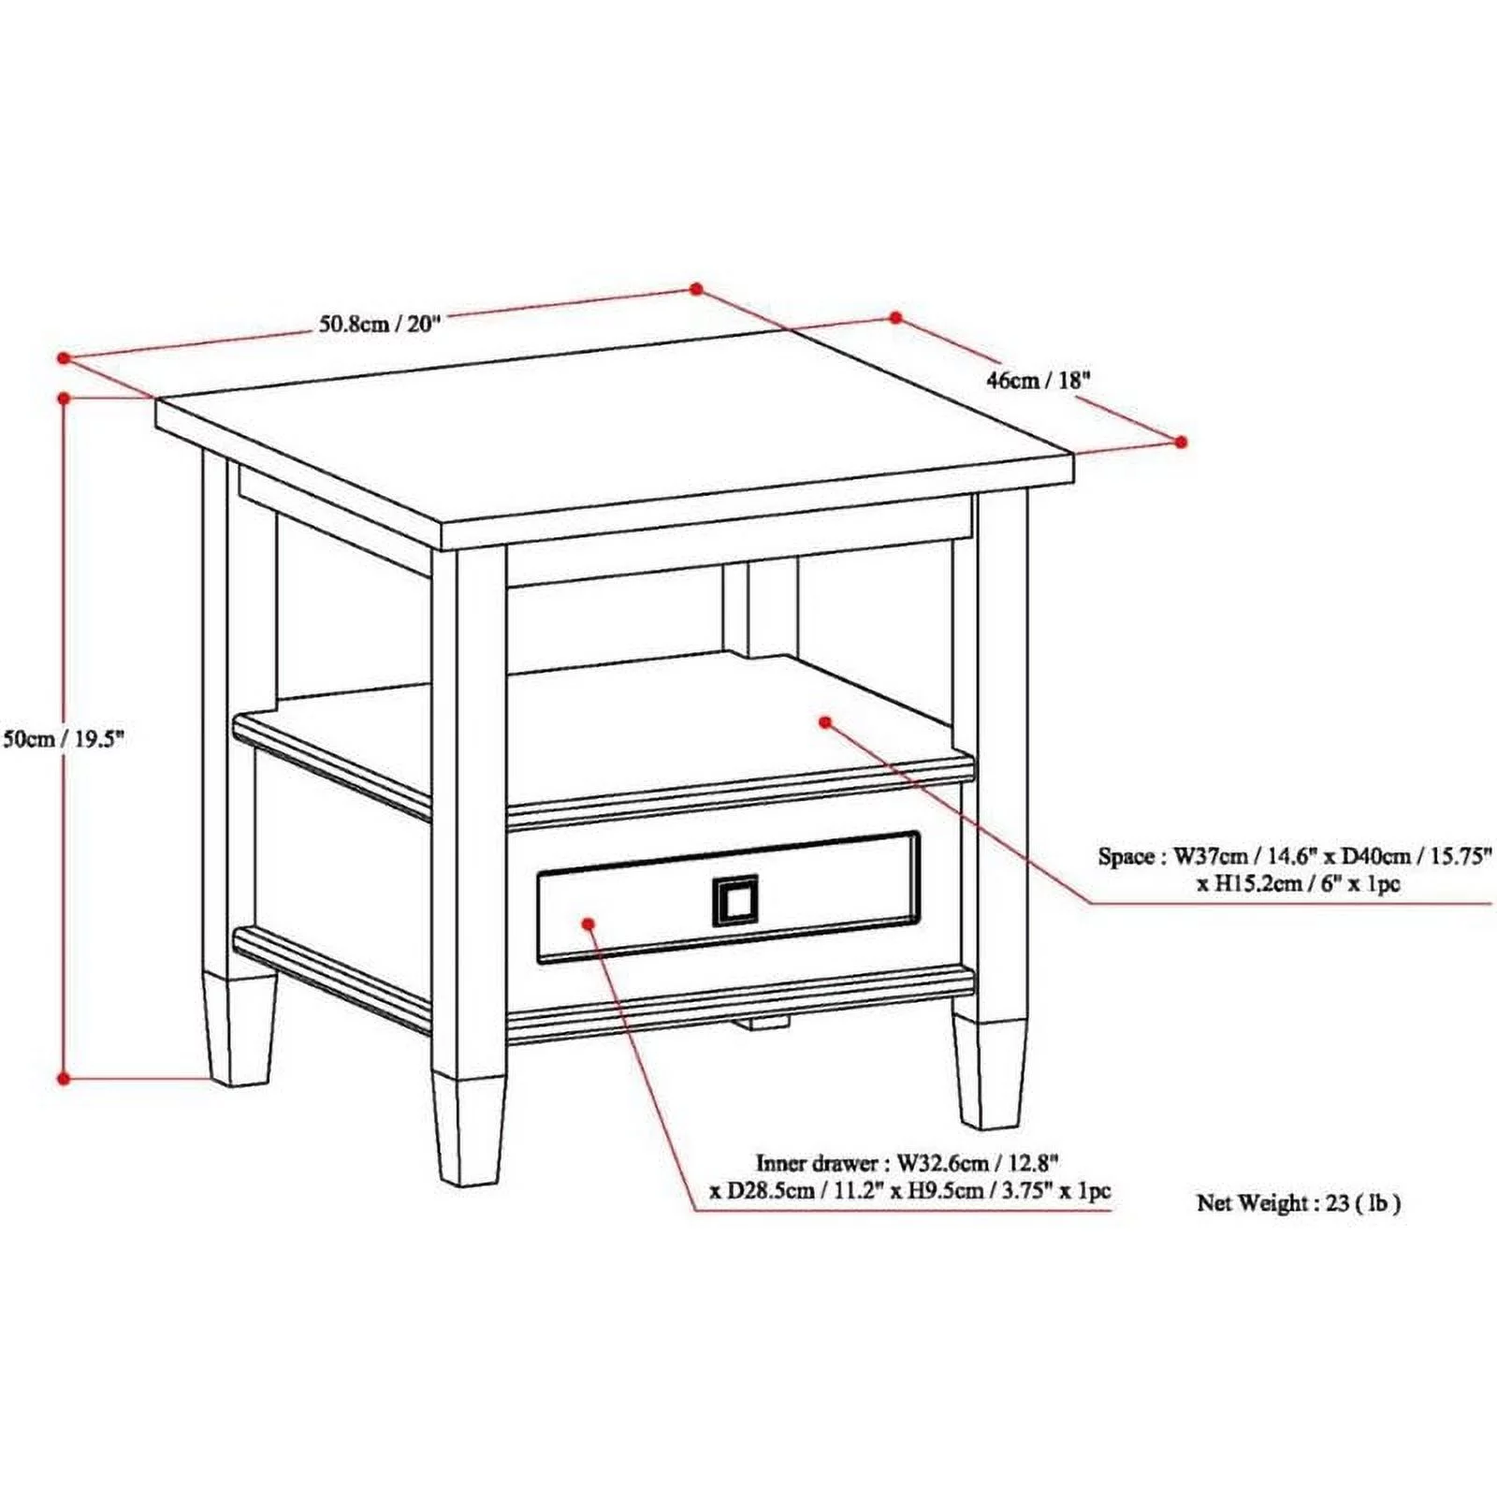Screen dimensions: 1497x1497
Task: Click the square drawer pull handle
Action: pyautogui.click(x=734, y=901)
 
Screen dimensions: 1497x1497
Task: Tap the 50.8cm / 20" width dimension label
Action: pyautogui.click(x=379, y=325)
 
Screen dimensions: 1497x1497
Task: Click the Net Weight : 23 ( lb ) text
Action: pyautogui.click(x=1298, y=1203)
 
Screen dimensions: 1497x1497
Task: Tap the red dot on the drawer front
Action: pyautogui.click(x=589, y=923)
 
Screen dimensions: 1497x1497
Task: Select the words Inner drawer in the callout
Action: pyautogui.click(x=817, y=1163)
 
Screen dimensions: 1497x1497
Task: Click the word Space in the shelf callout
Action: pyautogui.click(x=1126, y=856)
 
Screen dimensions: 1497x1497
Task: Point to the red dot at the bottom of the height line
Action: pyautogui.click(x=65, y=1078)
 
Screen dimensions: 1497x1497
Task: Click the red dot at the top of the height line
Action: pyautogui.click(x=65, y=399)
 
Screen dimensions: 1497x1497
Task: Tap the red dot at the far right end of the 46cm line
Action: pyautogui.click(x=1181, y=442)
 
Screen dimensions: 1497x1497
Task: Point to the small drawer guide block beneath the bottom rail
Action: pyautogui.click(x=763, y=1024)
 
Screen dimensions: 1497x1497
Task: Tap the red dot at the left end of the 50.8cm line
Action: pyautogui.click(x=64, y=358)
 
